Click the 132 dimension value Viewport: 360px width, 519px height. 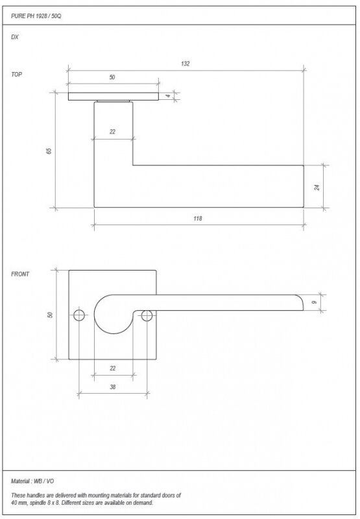point(186,64)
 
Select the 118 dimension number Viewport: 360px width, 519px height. point(198,219)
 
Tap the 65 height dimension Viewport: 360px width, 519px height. point(49,151)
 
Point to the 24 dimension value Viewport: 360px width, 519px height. point(317,187)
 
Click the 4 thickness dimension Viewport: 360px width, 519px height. point(168,96)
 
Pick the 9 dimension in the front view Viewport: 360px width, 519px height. point(315,302)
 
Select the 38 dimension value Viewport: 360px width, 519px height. point(112,387)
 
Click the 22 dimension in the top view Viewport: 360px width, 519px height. point(112,132)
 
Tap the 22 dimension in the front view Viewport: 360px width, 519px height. point(112,368)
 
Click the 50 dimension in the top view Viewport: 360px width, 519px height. point(112,77)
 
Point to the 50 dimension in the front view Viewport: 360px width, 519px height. point(51,315)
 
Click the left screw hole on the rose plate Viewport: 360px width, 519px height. point(79,315)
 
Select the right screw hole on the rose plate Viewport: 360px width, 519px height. point(147,315)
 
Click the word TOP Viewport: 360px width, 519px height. point(17,75)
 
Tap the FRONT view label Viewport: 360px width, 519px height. point(20,274)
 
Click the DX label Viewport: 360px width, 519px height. point(15,37)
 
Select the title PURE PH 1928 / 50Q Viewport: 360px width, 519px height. point(36,16)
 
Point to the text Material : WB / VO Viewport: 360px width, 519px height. point(32,481)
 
